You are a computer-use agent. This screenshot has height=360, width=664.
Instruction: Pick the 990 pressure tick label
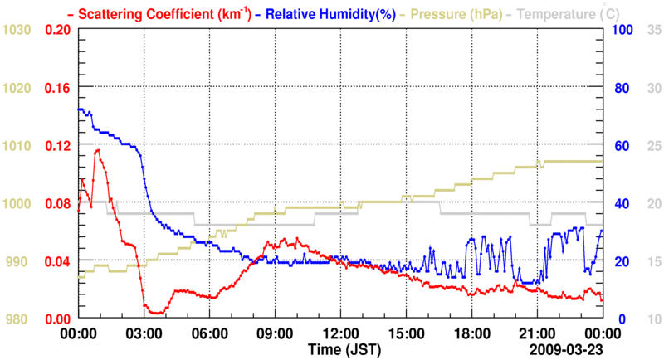pyautogui.click(x=17, y=261)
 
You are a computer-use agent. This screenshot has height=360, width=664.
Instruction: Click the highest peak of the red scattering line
pyautogui.click(x=98, y=150)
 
